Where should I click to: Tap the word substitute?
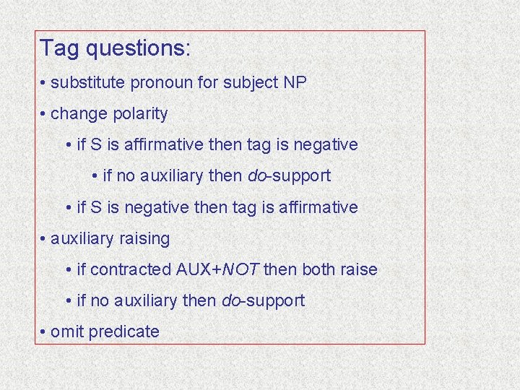click(88, 82)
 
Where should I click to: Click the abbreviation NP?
click(295, 82)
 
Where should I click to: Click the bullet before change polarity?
click(44, 114)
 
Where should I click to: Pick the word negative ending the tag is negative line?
click(324, 145)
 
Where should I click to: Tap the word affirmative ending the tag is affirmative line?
click(321, 207)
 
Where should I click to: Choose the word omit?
click(66, 331)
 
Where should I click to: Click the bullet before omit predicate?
click(44, 332)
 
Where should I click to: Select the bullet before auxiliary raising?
click(44, 238)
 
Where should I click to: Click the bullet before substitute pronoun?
click(44, 82)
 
